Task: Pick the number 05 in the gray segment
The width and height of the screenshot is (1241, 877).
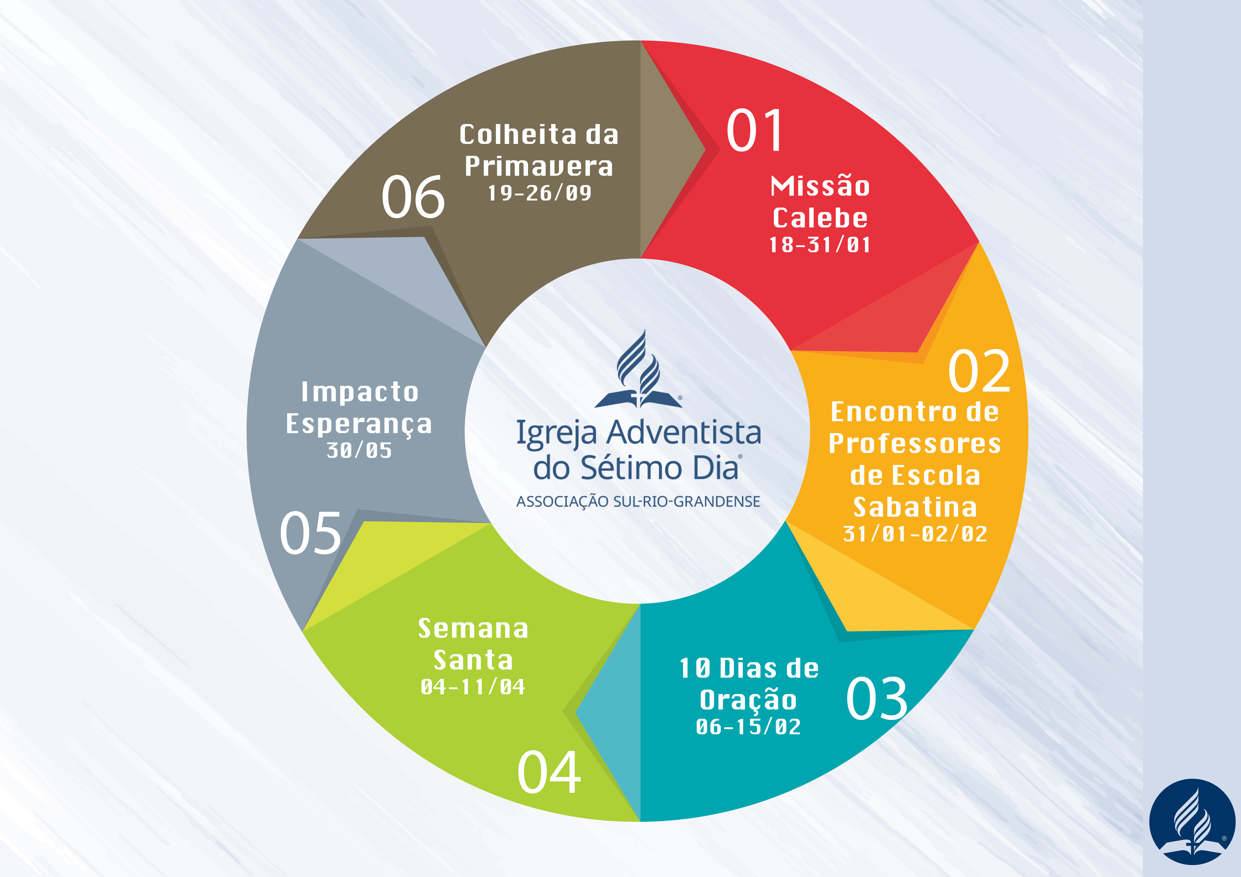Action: pyautogui.click(x=310, y=533)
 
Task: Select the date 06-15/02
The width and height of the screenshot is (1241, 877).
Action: pyautogui.click(x=748, y=727)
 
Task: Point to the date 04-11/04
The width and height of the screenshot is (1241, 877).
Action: pyautogui.click(x=473, y=687)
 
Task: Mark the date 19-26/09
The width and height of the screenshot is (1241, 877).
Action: pyautogui.click(x=539, y=193)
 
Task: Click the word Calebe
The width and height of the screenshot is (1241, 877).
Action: pyautogui.click(x=820, y=218)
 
